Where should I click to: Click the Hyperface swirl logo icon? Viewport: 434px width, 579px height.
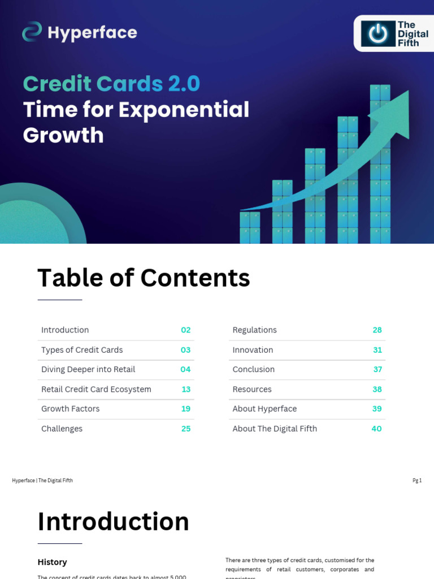tap(32, 32)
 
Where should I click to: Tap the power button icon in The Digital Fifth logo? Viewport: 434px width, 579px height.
tap(378, 34)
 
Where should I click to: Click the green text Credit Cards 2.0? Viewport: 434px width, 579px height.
tap(111, 84)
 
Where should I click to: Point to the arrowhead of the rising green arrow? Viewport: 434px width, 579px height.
tap(396, 113)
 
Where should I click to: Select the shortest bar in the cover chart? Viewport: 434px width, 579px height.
tap(249, 227)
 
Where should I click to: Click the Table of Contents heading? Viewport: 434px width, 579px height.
tap(144, 278)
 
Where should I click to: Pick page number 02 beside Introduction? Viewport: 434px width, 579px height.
tap(185, 330)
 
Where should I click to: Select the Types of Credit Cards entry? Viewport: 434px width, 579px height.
tap(82, 350)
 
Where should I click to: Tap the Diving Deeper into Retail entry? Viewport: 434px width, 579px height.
tap(88, 370)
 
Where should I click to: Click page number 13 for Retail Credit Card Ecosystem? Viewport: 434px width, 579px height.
tap(186, 390)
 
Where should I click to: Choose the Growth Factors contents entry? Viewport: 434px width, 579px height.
tap(70, 409)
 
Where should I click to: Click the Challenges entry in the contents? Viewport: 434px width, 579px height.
tap(62, 429)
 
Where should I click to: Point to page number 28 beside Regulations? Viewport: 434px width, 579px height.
tap(377, 330)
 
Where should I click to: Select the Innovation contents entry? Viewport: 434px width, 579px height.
tap(253, 350)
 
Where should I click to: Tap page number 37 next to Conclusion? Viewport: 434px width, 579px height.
tap(377, 370)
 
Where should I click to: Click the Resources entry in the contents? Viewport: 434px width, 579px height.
tap(252, 390)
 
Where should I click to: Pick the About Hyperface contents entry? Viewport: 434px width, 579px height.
tap(264, 409)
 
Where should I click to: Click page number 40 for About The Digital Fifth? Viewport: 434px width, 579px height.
tap(376, 429)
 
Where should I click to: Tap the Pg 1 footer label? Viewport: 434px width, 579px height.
tap(417, 481)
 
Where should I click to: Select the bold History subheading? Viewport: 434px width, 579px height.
tap(52, 562)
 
